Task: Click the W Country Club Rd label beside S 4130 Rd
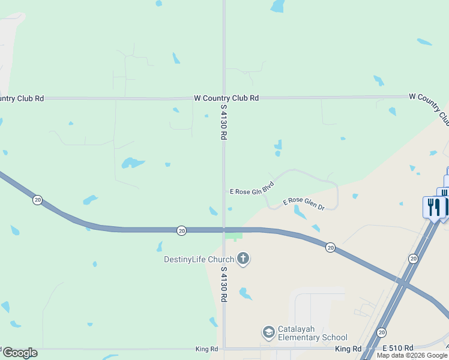[x=226, y=98]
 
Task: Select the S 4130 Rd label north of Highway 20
[x=223, y=122]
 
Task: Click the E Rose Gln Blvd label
[x=252, y=188]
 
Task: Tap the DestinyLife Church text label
[x=199, y=259]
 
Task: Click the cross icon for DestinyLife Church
[x=243, y=259]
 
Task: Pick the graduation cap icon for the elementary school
[x=268, y=331]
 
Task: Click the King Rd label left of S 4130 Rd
[x=205, y=349]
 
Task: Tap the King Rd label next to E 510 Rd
[x=348, y=349]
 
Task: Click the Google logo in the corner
[x=20, y=353]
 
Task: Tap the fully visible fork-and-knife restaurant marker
[x=433, y=208]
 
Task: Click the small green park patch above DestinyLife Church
[x=234, y=235]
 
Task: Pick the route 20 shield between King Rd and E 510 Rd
[x=382, y=332]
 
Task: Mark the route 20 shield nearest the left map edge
[x=37, y=200]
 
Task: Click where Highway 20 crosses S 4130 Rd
[x=224, y=230]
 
